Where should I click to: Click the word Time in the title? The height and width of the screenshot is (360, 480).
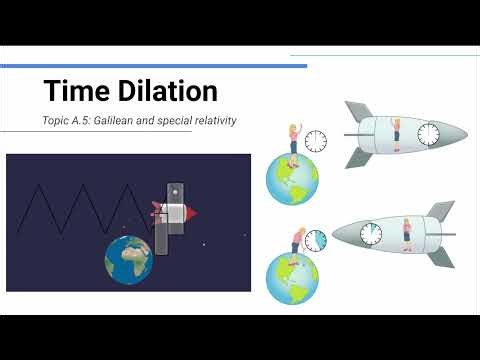point(76,92)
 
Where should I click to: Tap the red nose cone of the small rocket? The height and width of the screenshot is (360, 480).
point(191,212)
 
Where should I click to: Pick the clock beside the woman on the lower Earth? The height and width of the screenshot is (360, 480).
point(315,240)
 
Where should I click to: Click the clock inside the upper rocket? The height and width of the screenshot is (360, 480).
point(427,134)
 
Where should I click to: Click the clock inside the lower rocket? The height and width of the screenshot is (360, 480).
point(372,233)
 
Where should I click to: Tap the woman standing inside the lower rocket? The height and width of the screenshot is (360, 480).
point(408,233)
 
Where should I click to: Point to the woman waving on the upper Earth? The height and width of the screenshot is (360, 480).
point(295,140)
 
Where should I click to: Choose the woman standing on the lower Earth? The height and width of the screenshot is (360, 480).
point(296,241)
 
